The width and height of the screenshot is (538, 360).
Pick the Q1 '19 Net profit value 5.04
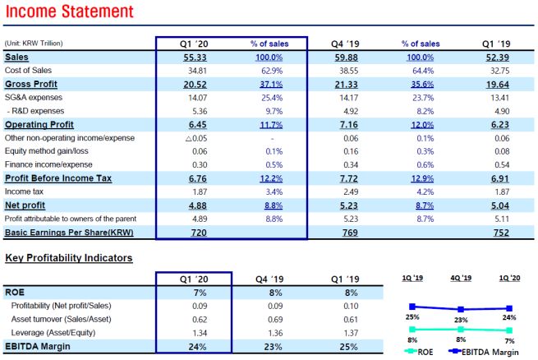click(499, 205)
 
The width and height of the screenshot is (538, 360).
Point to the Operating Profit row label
click(39, 124)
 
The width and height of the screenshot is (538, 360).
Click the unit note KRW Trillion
click(34, 43)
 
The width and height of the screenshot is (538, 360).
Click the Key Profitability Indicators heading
click(68, 258)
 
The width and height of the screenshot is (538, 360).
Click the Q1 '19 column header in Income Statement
click(498, 43)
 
